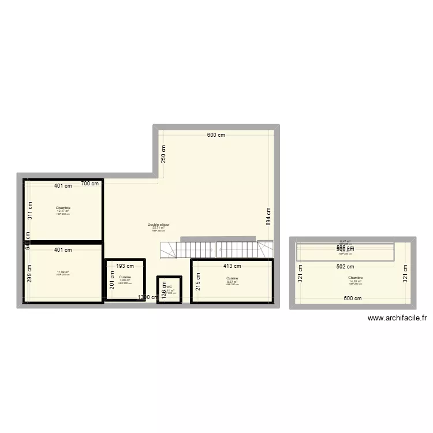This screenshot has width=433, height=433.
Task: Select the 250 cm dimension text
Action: point(163,154)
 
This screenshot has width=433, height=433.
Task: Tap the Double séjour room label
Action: point(158,225)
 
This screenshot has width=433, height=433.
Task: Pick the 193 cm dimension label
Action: point(125,266)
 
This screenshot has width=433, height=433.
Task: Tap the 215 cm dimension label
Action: point(197,281)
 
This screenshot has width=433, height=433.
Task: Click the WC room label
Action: point(169,286)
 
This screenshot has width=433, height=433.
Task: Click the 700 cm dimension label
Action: point(89,184)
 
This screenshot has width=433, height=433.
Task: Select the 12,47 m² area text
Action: point(63,211)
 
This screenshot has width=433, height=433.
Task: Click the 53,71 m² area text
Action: point(158,227)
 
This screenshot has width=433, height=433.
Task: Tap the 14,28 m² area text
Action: point(355,281)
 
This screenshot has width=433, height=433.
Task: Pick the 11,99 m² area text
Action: point(63,273)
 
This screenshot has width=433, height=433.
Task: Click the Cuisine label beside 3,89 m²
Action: point(125,277)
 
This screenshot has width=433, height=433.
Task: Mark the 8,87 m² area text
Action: point(232,281)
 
